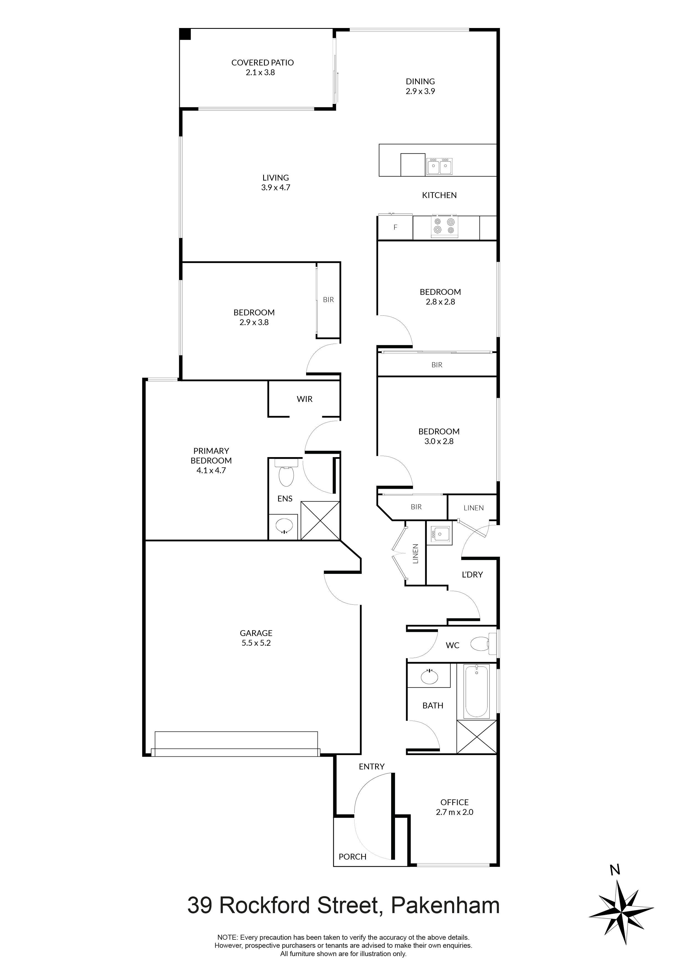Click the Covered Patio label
262,63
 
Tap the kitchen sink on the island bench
439,166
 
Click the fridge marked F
395,227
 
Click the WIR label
304,399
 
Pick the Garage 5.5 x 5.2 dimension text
256,643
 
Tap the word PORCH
352,857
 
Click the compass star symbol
621,911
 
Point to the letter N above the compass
615,870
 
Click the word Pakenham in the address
445,906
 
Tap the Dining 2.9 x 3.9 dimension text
420,91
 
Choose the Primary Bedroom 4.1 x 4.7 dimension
211,470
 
